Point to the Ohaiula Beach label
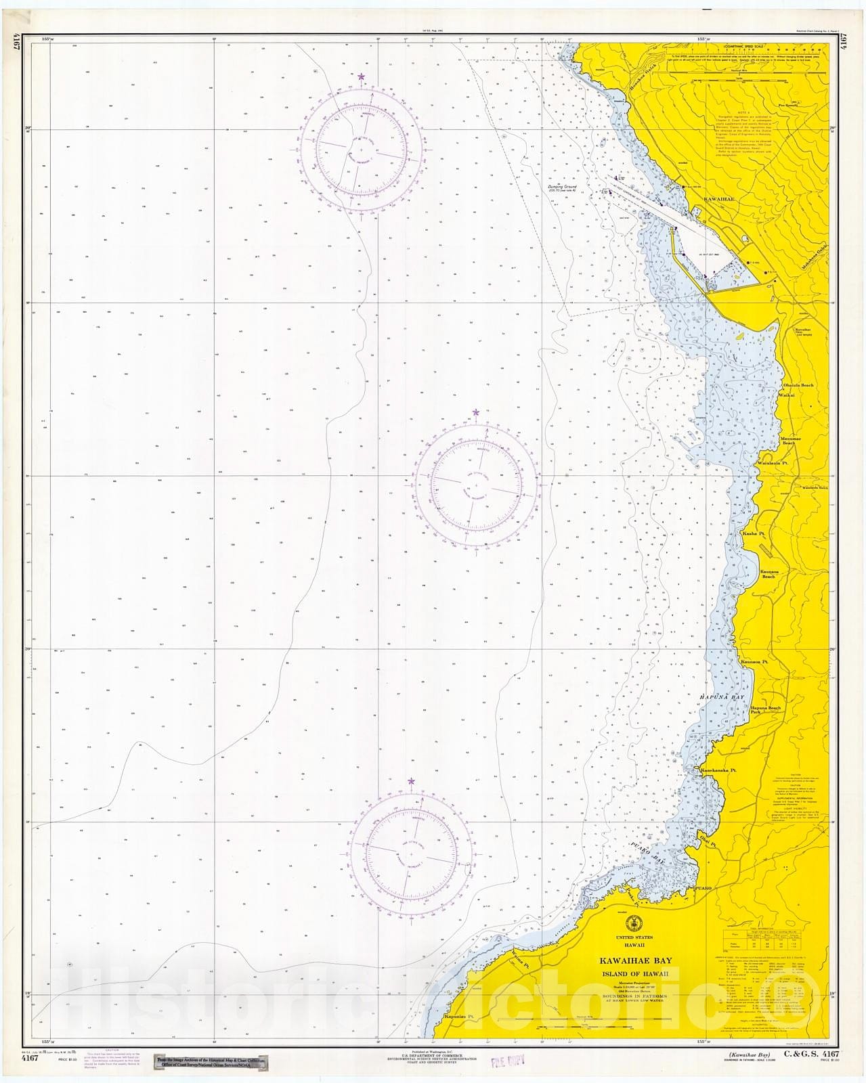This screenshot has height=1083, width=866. tap(798, 385)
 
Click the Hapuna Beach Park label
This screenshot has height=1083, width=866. tap(765, 711)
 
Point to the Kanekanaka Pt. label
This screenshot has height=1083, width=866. tap(718, 770)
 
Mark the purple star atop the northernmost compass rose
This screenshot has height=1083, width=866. tap(361, 77)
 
